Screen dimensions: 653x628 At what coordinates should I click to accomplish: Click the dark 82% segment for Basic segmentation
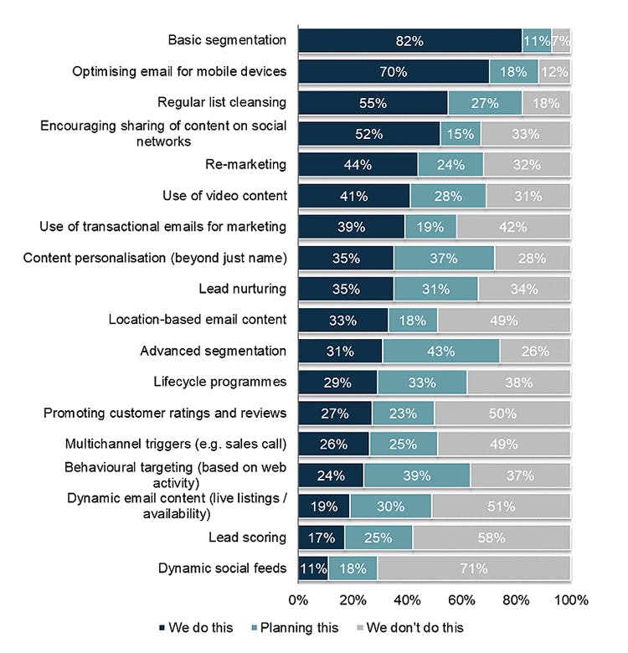tap(409, 41)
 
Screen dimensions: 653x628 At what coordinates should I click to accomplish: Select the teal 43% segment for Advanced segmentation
tap(440, 351)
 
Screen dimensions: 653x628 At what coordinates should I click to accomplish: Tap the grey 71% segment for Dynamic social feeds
tap(473, 568)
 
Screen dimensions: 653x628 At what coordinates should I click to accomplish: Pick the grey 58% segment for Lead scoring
tap(491, 537)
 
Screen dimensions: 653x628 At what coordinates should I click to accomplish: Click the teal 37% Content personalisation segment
tap(444, 258)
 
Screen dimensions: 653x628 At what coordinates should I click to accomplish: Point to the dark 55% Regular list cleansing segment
tap(373, 103)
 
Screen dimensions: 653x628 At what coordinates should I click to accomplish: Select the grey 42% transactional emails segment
tap(512, 227)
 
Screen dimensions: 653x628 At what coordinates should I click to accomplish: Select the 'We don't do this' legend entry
tap(410, 627)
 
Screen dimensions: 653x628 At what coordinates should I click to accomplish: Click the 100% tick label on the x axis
tap(571, 600)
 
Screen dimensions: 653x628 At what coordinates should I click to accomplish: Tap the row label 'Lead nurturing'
tap(242, 289)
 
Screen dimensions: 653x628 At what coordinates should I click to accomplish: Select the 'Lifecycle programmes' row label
tap(219, 382)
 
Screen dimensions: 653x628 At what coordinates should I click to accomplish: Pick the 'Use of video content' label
tap(224, 196)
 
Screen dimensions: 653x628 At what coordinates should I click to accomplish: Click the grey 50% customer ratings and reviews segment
tap(502, 413)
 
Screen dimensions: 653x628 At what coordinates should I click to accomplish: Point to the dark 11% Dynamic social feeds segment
tap(313, 568)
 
